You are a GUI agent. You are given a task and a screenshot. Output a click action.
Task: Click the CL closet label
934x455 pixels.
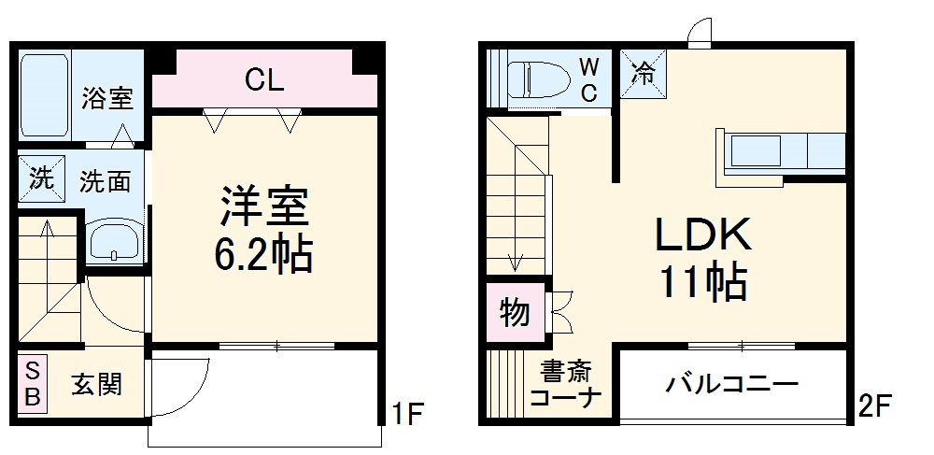pos(264,80)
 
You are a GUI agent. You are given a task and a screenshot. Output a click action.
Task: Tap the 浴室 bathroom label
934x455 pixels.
pos(106,98)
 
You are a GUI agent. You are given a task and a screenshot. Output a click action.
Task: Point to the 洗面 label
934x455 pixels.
pos(105,180)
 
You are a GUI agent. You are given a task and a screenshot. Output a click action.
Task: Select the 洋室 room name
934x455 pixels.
pos(264,207)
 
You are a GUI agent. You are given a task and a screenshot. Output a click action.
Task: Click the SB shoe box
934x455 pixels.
pos(32,382)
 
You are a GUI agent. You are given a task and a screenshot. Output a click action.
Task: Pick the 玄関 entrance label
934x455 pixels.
pos(96,383)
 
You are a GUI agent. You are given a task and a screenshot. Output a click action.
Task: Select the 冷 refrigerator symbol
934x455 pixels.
pos(644,73)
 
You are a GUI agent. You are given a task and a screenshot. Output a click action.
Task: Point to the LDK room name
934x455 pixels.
pos(702,236)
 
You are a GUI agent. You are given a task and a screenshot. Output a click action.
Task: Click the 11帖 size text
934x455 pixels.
pos(702,281)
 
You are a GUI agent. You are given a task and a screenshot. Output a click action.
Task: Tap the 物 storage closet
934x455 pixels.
pos(513,312)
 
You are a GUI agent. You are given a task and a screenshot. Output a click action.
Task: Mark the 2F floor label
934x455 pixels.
pos(876,407)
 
